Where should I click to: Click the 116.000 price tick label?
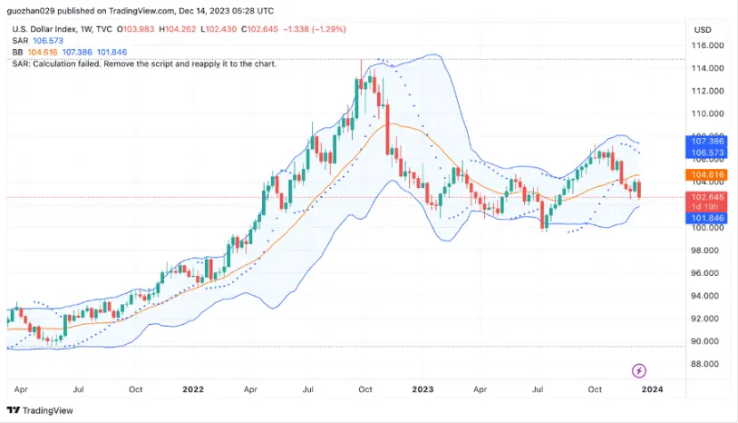pos(707,45)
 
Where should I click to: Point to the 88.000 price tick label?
pos(707,364)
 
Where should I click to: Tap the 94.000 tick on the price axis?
pos(707,296)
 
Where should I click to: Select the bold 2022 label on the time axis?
pos(193,389)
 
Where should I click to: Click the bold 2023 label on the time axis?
pos(422,389)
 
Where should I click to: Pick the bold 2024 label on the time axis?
pos(652,389)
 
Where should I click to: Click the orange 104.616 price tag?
pos(707,173)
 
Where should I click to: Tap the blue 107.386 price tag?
pos(707,142)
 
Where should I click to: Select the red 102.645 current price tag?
pos(707,197)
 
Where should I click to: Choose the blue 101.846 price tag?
pos(707,219)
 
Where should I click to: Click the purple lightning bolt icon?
pos(639,369)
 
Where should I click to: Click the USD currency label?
pos(703,30)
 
